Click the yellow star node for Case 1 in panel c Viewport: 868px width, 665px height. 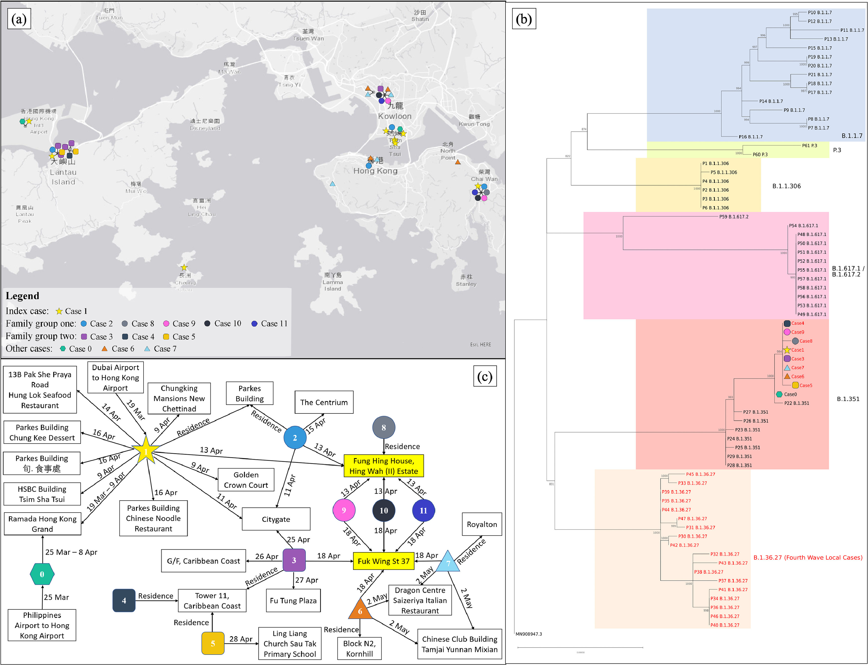pos(146,451)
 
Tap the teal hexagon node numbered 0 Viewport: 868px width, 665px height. pos(42,574)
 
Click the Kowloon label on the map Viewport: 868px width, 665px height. pos(394,116)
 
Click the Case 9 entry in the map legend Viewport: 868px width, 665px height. pos(179,324)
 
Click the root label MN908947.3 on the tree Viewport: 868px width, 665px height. pos(529,634)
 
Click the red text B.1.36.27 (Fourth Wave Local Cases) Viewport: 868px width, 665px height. pos(808,557)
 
